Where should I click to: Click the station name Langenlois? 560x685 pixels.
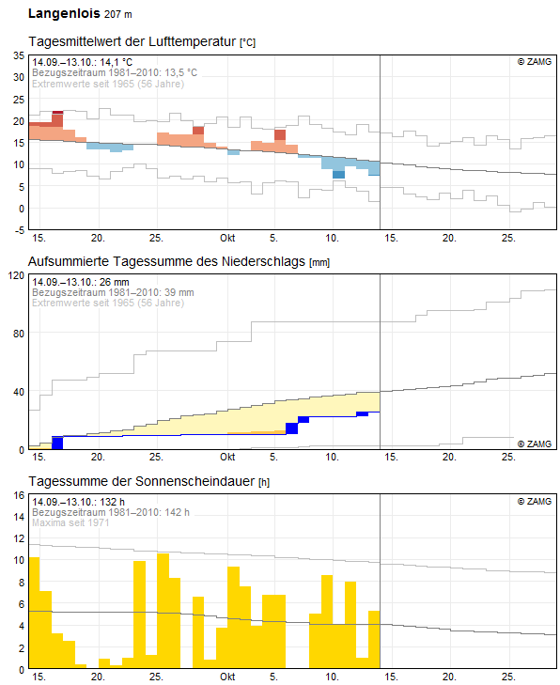point(63,14)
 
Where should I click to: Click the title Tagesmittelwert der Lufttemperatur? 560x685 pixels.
point(133,43)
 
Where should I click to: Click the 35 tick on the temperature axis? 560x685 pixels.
point(18,55)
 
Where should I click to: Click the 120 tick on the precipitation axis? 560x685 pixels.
point(15,276)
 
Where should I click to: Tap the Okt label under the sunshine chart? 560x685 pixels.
point(226,677)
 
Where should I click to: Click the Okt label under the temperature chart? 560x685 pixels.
point(226,238)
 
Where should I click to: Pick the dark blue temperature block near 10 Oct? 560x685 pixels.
point(338,174)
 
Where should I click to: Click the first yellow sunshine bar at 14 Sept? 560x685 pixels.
point(34,611)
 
